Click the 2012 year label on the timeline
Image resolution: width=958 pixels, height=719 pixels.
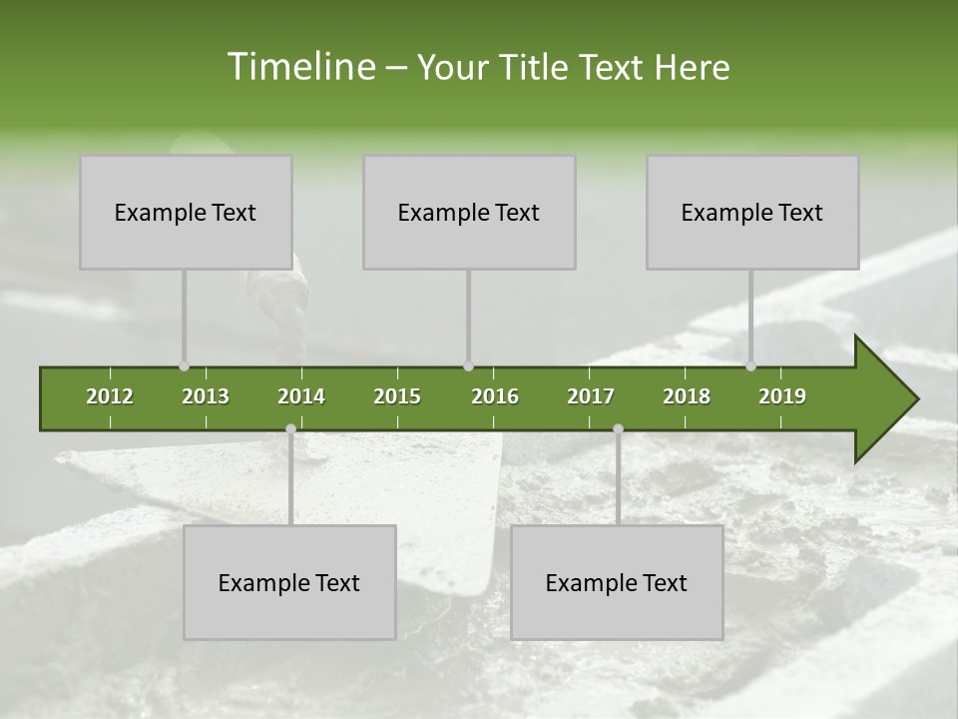pyautogui.click(x=110, y=396)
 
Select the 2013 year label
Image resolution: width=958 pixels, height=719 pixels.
pyautogui.click(x=206, y=396)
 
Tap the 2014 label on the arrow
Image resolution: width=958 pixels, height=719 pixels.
pyautogui.click(x=301, y=396)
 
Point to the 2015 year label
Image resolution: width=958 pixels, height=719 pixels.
pyautogui.click(x=397, y=396)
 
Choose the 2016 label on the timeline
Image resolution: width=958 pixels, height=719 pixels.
pyautogui.click(x=495, y=396)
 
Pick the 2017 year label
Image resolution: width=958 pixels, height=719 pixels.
pyautogui.click(x=591, y=396)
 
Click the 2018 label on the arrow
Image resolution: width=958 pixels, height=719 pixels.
pyautogui.click(x=687, y=396)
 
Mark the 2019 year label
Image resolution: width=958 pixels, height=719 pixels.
pyautogui.click(x=782, y=396)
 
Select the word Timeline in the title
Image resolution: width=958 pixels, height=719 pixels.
pyautogui.click(x=299, y=67)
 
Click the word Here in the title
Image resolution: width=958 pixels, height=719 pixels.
pyautogui.click(x=692, y=67)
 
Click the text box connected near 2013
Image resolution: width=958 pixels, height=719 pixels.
pyautogui.click(x=186, y=212)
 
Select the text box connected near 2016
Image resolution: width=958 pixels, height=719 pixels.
pyautogui.click(x=469, y=212)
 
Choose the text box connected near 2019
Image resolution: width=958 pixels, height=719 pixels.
pyautogui.click(x=752, y=212)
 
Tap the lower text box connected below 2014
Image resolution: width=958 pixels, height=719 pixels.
pyautogui.click(x=289, y=582)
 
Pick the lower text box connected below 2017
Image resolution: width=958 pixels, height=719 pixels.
pyautogui.click(x=617, y=582)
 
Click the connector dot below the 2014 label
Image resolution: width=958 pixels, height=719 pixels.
pyautogui.click(x=290, y=428)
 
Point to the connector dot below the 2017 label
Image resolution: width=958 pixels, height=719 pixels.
pyautogui.click(x=618, y=428)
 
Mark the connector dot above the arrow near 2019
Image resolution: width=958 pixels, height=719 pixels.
pyautogui.click(x=751, y=366)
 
